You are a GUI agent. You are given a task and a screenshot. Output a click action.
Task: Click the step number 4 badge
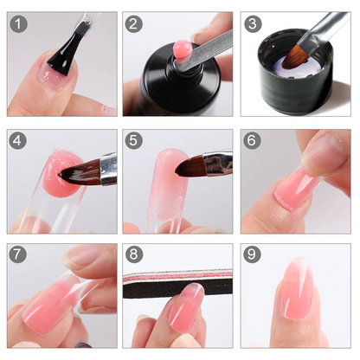(x=19, y=139)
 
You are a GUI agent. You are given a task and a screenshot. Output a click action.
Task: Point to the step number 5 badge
(x=134, y=139)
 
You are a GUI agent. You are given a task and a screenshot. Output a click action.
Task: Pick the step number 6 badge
(x=251, y=139)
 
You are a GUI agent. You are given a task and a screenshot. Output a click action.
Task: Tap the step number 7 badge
(x=19, y=255)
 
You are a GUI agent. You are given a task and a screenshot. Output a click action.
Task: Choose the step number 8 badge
(x=134, y=255)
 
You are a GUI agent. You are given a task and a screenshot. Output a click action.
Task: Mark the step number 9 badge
(x=251, y=255)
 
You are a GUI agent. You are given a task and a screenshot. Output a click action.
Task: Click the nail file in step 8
(x=177, y=282)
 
